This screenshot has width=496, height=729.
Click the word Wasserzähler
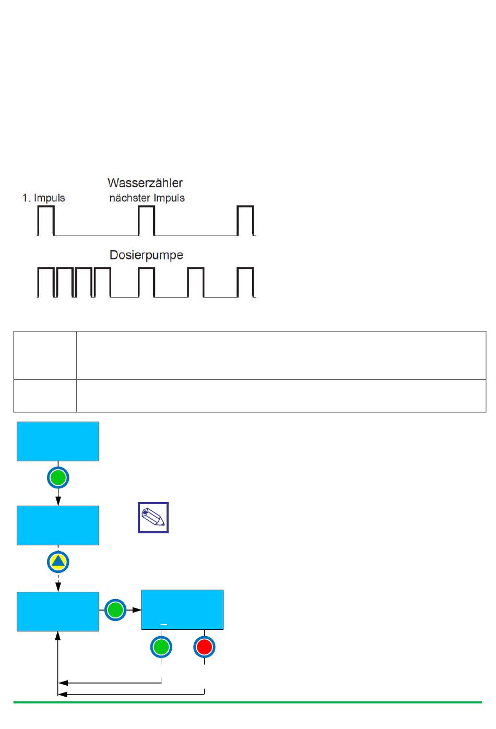(x=145, y=183)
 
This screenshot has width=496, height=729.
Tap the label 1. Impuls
(x=44, y=198)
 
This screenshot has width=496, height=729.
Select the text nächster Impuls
(x=147, y=198)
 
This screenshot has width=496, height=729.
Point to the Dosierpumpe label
(x=146, y=255)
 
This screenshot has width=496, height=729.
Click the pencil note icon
(x=153, y=518)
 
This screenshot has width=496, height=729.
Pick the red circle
(x=204, y=647)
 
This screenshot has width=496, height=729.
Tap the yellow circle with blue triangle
(x=58, y=561)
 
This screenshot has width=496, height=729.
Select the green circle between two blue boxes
(x=115, y=610)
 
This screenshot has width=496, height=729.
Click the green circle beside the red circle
(x=161, y=647)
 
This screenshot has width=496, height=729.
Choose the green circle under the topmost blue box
(x=58, y=477)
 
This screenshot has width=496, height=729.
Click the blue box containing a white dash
(x=182, y=610)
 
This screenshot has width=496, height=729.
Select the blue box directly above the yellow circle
(x=58, y=525)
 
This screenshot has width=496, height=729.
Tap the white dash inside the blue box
(x=164, y=625)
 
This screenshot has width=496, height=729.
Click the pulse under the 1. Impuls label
(x=45, y=220)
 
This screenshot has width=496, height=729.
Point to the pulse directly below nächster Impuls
(x=147, y=220)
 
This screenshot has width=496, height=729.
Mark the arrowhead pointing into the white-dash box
(x=137, y=610)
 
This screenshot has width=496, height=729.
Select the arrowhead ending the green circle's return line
(x=63, y=683)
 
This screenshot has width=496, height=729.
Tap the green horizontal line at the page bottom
(x=247, y=702)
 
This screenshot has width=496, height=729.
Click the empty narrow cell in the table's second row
(x=45, y=396)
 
